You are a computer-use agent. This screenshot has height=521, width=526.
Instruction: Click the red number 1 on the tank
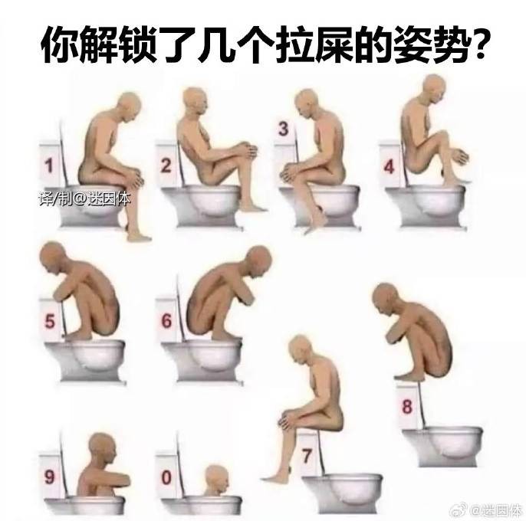point(49,165)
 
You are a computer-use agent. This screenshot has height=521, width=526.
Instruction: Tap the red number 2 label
point(166,165)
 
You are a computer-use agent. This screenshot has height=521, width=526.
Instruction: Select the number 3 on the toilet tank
point(284,129)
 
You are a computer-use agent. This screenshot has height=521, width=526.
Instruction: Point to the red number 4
point(390,166)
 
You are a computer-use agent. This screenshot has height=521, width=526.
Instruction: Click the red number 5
point(50,321)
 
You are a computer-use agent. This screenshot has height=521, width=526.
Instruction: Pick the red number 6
point(166,321)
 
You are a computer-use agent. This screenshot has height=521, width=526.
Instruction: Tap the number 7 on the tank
point(307,456)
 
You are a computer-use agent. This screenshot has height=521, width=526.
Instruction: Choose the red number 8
point(407,406)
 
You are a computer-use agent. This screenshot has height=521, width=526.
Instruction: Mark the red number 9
point(49,477)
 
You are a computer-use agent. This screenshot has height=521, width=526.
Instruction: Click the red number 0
point(166,477)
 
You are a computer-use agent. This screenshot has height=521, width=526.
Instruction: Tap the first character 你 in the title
point(59,44)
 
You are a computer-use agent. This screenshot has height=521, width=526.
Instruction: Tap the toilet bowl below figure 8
point(443,446)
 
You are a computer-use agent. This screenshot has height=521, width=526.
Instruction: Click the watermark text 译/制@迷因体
point(84,199)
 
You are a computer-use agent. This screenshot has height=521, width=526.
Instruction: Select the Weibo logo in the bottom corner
point(458,510)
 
